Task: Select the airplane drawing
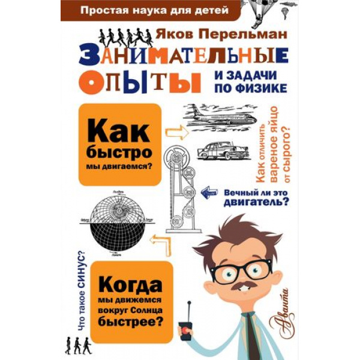[220, 116]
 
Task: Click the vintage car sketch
[223, 151]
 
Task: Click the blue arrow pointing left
[209, 193]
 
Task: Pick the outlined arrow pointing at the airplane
[177, 133]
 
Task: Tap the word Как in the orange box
[119, 133]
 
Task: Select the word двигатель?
[256, 203]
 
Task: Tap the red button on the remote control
[185, 331]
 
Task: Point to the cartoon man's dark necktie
[256, 335]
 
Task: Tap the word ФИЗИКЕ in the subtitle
[262, 88]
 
